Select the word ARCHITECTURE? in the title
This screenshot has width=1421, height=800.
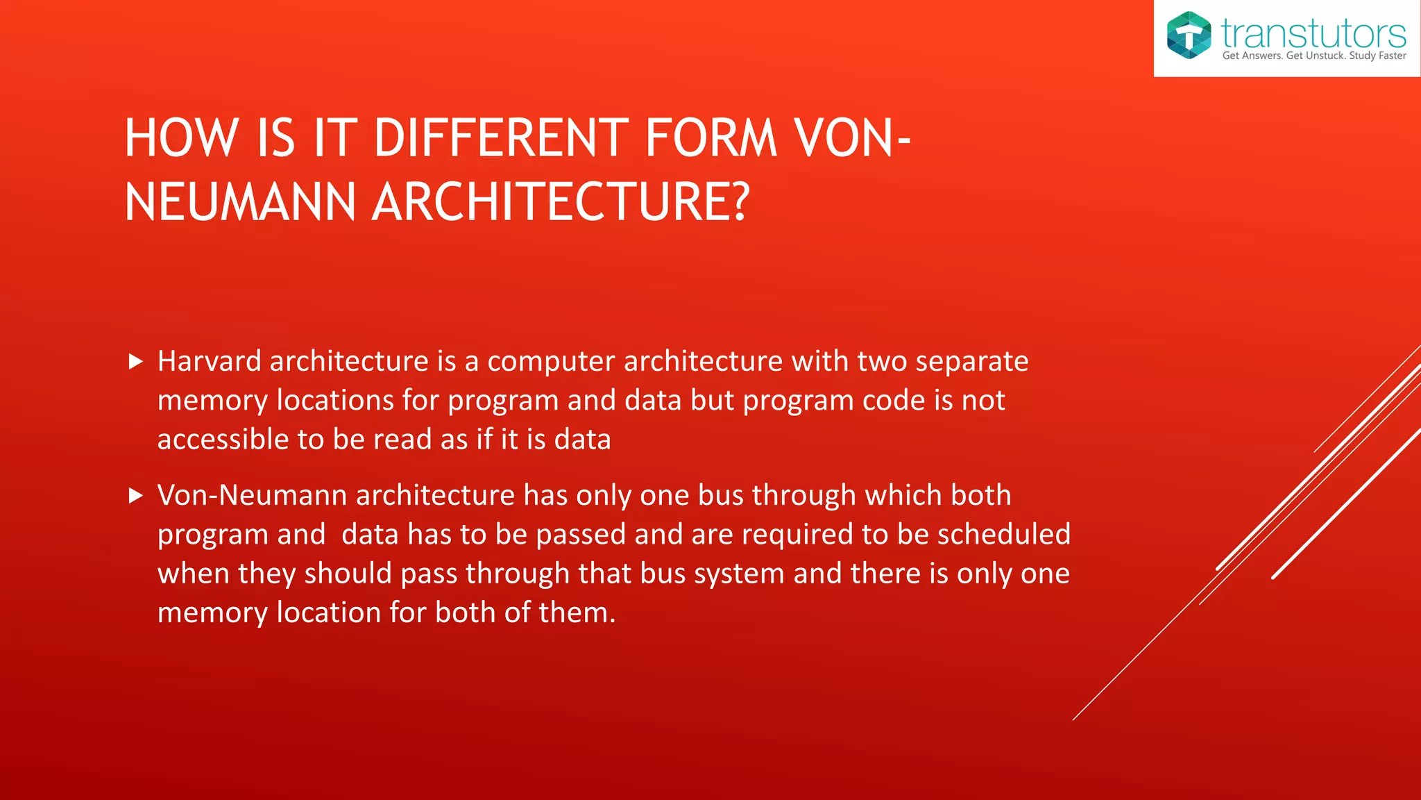coord(561,202)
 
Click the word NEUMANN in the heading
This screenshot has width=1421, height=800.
coord(241,202)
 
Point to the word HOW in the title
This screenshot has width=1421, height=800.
coord(182,138)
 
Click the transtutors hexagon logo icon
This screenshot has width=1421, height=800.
coord(1189,35)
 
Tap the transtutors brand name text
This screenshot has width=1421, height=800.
coord(1313,32)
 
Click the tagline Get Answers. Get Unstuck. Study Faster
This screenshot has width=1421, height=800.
coord(1313,56)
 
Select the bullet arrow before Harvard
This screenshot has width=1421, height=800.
coord(136,361)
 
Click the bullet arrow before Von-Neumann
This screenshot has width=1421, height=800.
coord(136,495)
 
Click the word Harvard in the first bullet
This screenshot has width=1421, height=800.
coord(209,361)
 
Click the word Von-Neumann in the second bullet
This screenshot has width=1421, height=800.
coord(252,495)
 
